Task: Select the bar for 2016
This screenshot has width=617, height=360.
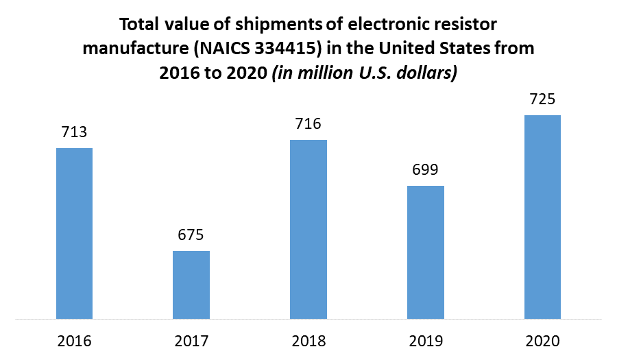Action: (x=74, y=233)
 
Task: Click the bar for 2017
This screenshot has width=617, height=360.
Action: (x=191, y=285)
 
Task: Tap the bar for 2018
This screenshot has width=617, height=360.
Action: (x=308, y=229)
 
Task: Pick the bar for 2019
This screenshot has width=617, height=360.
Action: (x=426, y=252)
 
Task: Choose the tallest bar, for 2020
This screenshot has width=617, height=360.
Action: (x=543, y=217)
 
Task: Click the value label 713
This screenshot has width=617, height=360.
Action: (x=74, y=132)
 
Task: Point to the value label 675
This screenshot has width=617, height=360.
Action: (x=191, y=235)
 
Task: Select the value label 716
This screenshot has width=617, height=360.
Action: (x=308, y=124)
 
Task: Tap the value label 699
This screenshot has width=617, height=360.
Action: (x=426, y=170)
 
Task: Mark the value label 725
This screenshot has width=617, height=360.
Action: (x=543, y=99)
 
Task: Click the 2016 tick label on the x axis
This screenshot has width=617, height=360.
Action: (x=74, y=341)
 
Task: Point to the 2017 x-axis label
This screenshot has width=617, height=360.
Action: (x=191, y=341)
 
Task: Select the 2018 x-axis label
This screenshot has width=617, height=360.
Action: (x=308, y=341)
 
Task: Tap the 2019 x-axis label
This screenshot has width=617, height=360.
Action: (x=426, y=341)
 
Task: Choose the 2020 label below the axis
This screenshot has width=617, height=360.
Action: (x=543, y=341)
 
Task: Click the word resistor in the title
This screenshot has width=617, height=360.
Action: (x=466, y=25)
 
